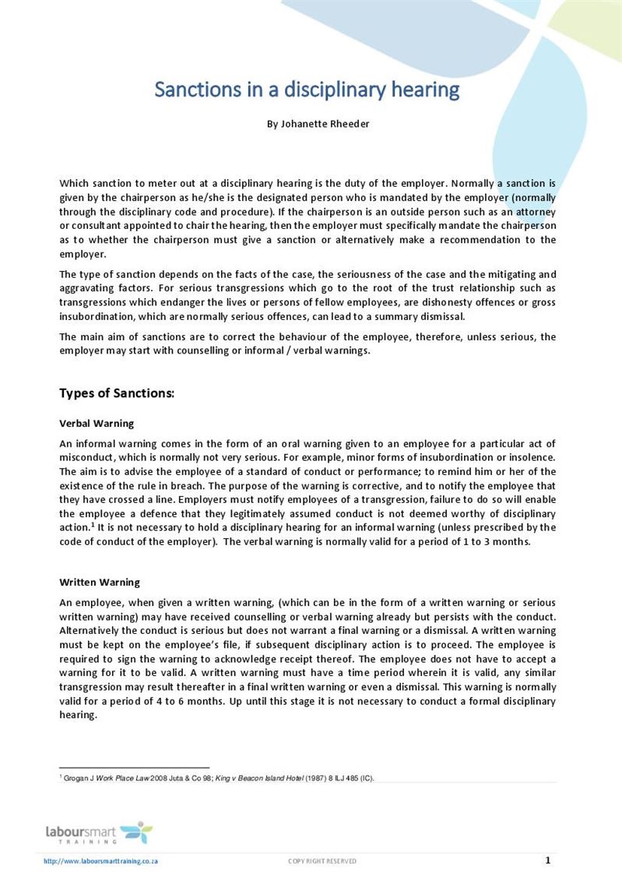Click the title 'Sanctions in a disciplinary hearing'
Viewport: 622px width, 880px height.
(x=307, y=90)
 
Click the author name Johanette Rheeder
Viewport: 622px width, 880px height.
(x=318, y=124)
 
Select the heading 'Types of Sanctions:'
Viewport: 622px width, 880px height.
(x=117, y=393)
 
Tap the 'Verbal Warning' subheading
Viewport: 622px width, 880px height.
(x=97, y=424)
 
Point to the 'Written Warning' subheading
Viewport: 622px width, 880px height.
(x=100, y=582)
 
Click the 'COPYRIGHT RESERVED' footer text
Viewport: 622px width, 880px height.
(x=322, y=861)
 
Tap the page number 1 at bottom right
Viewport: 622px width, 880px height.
(x=547, y=861)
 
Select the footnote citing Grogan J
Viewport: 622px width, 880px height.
(x=218, y=777)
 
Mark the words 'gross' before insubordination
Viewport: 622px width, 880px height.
(x=543, y=303)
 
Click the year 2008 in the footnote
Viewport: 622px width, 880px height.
(x=159, y=777)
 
